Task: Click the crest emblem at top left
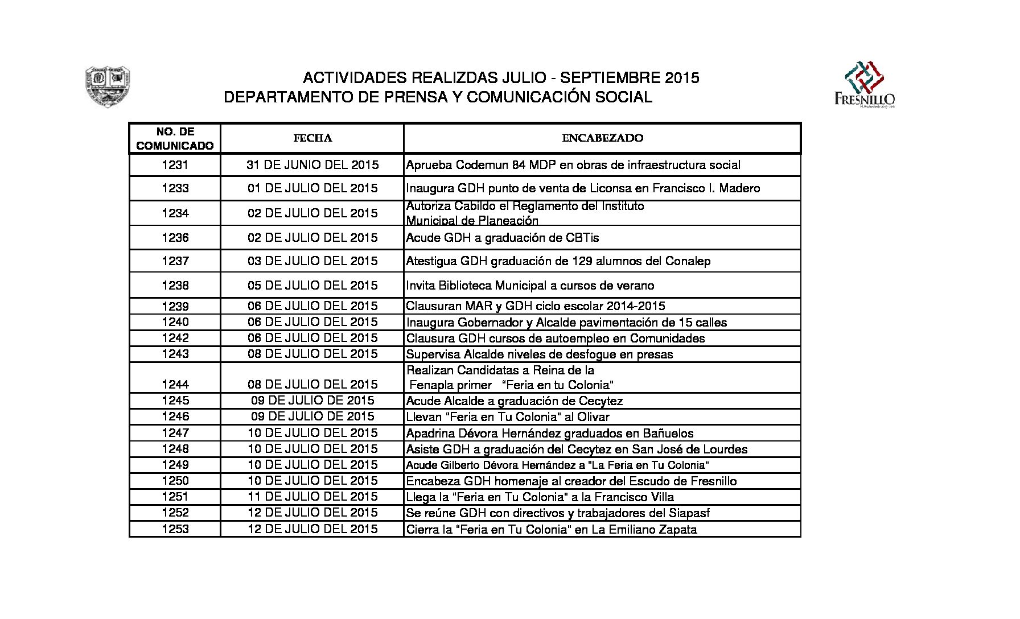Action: pos(108,87)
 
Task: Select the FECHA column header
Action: pos(312,138)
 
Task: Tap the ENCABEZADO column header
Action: pos(602,138)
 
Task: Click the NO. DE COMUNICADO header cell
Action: pos(175,139)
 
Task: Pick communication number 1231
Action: pos(175,165)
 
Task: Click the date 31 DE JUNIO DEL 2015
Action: pos(312,165)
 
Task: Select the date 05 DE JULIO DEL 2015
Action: pos(312,285)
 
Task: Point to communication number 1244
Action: pos(175,384)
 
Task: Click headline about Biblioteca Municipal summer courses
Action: pos(530,286)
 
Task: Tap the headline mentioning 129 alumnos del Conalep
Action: pos(558,261)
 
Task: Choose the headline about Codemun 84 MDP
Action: pos(573,165)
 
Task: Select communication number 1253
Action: pos(175,529)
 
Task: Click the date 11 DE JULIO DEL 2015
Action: pos(312,497)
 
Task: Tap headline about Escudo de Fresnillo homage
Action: pos(571,481)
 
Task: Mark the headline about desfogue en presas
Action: pos(539,354)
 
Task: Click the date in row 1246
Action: pos(312,416)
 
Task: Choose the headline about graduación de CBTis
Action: pos(502,238)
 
